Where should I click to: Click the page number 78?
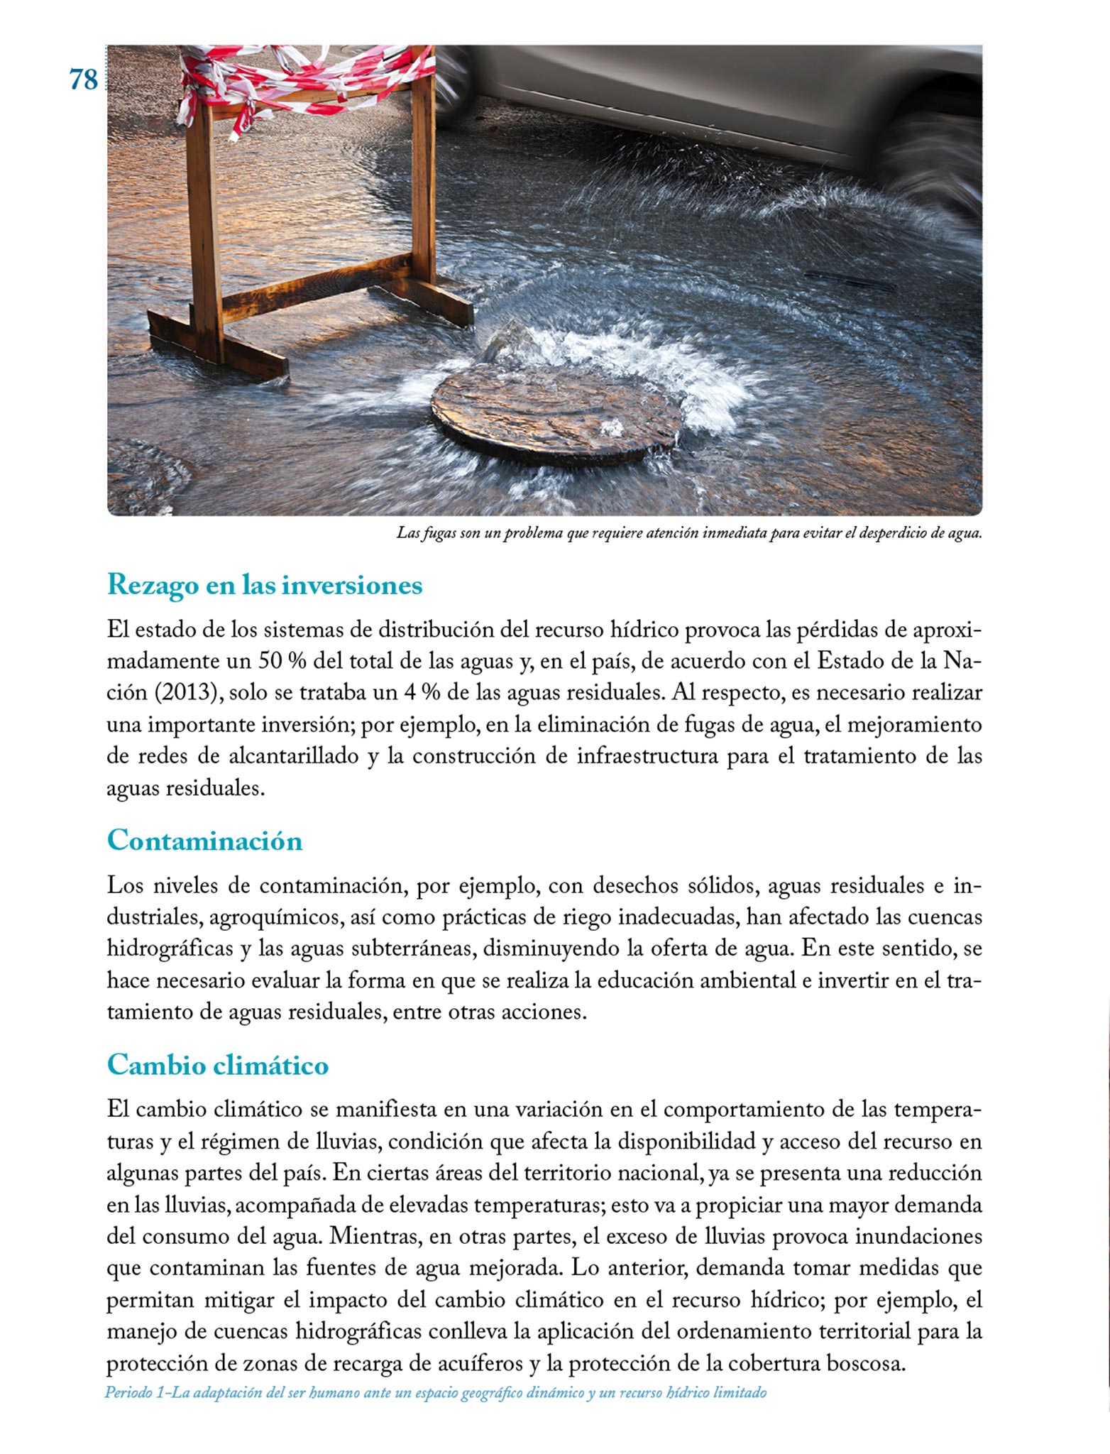[84, 80]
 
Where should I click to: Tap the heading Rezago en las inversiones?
[265, 586]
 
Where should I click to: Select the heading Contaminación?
[204, 841]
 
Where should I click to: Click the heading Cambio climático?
[218, 1065]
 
